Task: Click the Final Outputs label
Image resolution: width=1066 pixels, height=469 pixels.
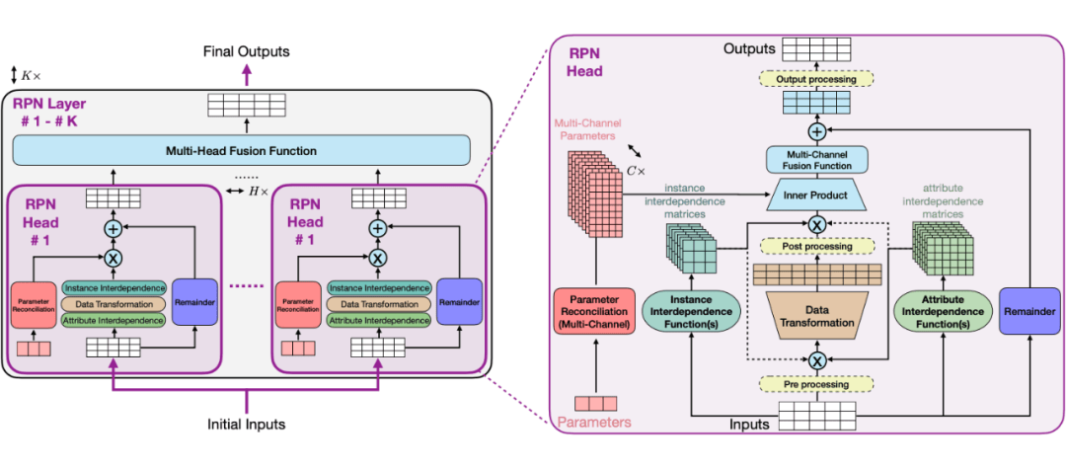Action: pos(247,51)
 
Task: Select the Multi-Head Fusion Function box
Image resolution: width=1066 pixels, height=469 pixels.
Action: pos(248,150)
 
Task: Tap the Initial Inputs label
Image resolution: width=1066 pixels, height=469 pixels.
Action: pos(247,425)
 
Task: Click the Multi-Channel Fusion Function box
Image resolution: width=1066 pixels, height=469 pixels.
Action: pos(816,159)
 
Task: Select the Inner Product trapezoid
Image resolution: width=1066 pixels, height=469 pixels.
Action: pos(816,195)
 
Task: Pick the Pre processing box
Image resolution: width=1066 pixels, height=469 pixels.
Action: pos(816,384)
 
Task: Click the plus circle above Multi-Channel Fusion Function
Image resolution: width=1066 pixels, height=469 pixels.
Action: pos(816,130)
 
